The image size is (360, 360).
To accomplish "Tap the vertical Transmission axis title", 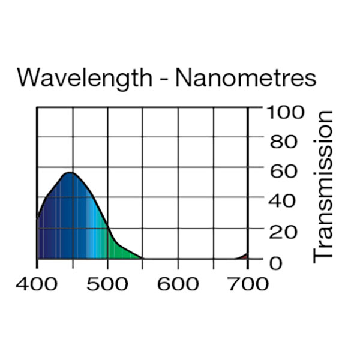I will [x=323, y=186].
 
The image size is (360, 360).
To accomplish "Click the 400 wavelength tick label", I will [x=38, y=283].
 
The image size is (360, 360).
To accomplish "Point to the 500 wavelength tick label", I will [x=108, y=283].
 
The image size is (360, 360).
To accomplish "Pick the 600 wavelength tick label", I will [x=178, y=283].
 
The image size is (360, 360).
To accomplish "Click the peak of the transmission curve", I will [x=70, y=173].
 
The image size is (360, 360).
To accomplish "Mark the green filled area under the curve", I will [x=120, y=249].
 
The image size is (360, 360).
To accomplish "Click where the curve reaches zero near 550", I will [x=143, y=259].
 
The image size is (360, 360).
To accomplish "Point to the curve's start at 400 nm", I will [x=38, y=217].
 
